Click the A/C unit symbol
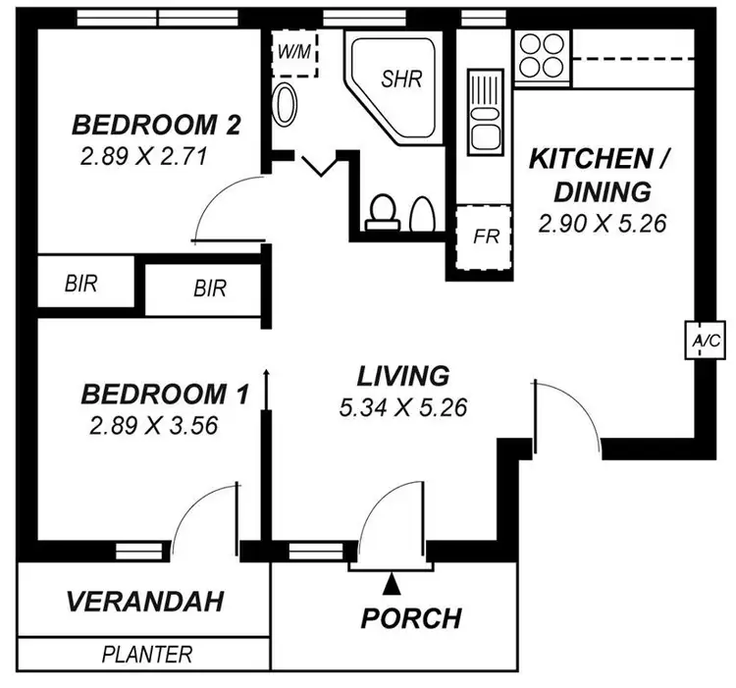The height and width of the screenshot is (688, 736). (x=707, y=341)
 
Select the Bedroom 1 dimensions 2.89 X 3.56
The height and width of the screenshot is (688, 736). (x=152, y=426)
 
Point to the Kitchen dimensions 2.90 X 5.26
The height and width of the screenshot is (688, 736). (x=603, y=223)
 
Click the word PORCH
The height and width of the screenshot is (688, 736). (x=411, y=618)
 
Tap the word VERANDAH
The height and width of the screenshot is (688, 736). (x=144, y=600)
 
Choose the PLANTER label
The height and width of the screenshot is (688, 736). (x=147, y=654)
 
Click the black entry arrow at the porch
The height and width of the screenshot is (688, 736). (x=392, y=585)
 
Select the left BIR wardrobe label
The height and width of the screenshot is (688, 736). (x=83, y=284)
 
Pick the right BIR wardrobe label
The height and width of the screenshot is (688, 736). (x=209, y=290)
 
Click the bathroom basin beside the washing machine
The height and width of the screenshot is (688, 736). (x=286, y=105)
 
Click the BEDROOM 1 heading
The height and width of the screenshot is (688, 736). (x=164, y=395)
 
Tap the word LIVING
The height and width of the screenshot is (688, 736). (x=402, y=375)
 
